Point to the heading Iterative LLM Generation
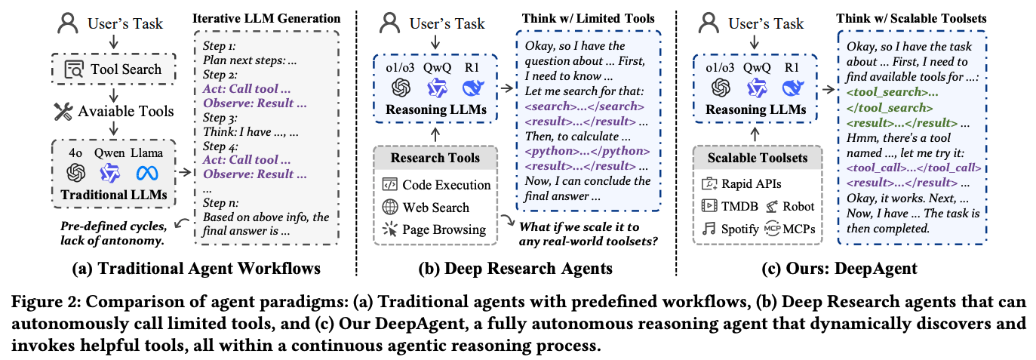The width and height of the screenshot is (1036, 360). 266,17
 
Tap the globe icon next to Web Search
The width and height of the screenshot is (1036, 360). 390,207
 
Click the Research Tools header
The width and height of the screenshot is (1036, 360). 435,158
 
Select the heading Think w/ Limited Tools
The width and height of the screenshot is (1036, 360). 588,18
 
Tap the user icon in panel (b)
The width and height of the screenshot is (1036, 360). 390,23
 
